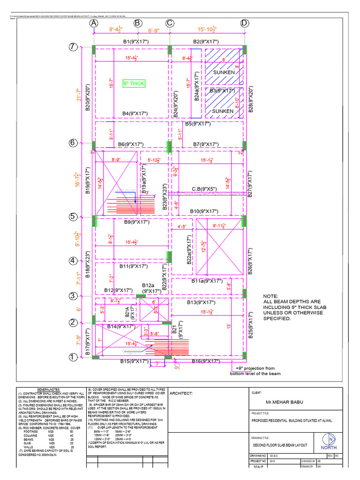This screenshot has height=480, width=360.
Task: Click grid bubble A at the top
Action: [94, 23]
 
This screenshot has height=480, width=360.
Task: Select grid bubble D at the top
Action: [244, 23]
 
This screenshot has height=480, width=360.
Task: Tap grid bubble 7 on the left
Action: [73, 47]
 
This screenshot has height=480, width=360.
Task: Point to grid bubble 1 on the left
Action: [73, 357]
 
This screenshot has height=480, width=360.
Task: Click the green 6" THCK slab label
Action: [134, 83]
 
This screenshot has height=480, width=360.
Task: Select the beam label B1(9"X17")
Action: [135, 42]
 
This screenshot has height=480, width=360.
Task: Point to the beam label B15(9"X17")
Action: [134, 361]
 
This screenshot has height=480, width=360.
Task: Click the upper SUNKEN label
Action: [223, 73]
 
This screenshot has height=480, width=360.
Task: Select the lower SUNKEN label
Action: [223, 111]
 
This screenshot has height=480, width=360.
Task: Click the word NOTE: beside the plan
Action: [270, 296]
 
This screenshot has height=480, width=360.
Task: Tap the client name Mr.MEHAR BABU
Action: [284, 402]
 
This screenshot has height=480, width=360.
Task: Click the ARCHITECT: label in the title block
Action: [181, 393]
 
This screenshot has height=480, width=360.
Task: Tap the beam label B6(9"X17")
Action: [134, 144]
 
